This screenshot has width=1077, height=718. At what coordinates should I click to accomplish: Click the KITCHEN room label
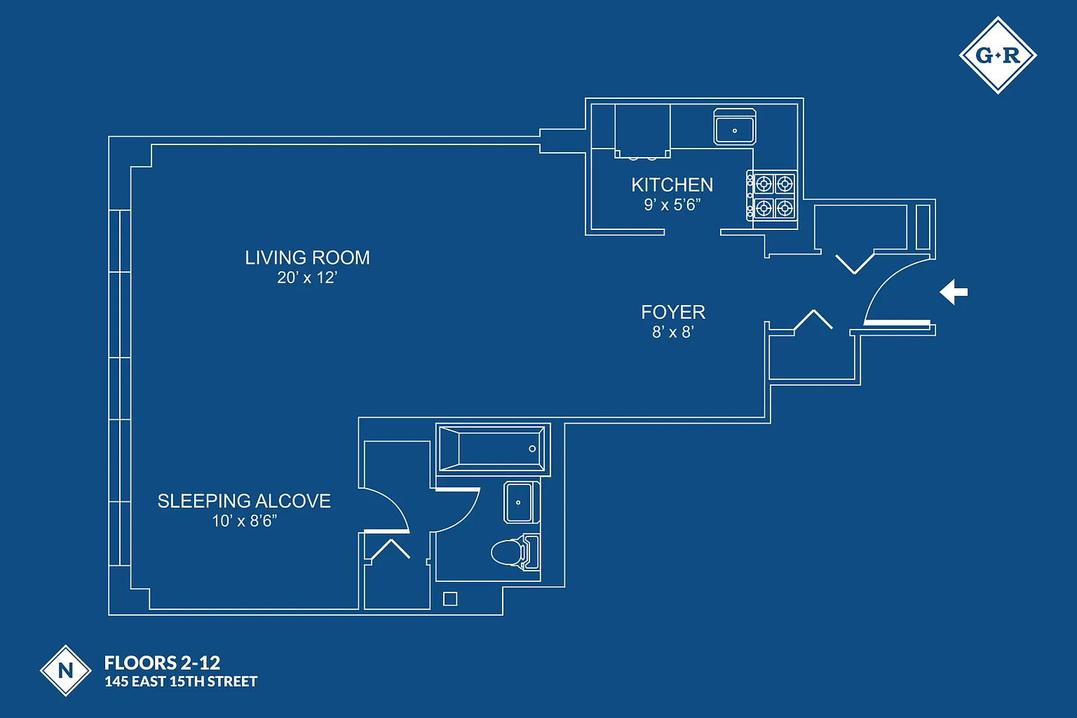[672, 185]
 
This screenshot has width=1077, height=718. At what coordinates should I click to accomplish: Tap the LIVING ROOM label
[307, 258]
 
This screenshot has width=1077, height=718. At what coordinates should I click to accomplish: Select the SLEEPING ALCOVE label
[244, 501]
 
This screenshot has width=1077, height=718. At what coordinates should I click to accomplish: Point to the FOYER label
[673, 313]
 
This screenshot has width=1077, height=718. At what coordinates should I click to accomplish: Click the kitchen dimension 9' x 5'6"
[672, 205]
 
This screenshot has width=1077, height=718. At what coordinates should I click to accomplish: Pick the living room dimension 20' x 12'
[307, 278]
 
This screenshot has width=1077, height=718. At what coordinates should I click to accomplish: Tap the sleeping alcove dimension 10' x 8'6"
[245, 521]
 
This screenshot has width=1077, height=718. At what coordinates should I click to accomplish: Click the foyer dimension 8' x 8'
[672, 332]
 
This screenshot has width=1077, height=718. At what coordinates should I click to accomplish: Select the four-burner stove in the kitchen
[773, 196]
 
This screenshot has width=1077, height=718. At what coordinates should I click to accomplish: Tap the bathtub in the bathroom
[492, 449]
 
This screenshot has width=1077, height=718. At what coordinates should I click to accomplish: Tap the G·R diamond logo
[997, 55]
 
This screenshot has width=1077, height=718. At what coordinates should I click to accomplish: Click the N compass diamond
[65, 670]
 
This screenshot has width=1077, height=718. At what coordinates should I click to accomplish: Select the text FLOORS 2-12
[162, 663]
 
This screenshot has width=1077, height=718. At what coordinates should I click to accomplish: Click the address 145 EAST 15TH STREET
[181, 682]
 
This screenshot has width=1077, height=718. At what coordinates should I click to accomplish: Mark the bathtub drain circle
[532, 449]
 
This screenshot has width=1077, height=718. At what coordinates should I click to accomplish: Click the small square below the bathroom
[450, 599]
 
